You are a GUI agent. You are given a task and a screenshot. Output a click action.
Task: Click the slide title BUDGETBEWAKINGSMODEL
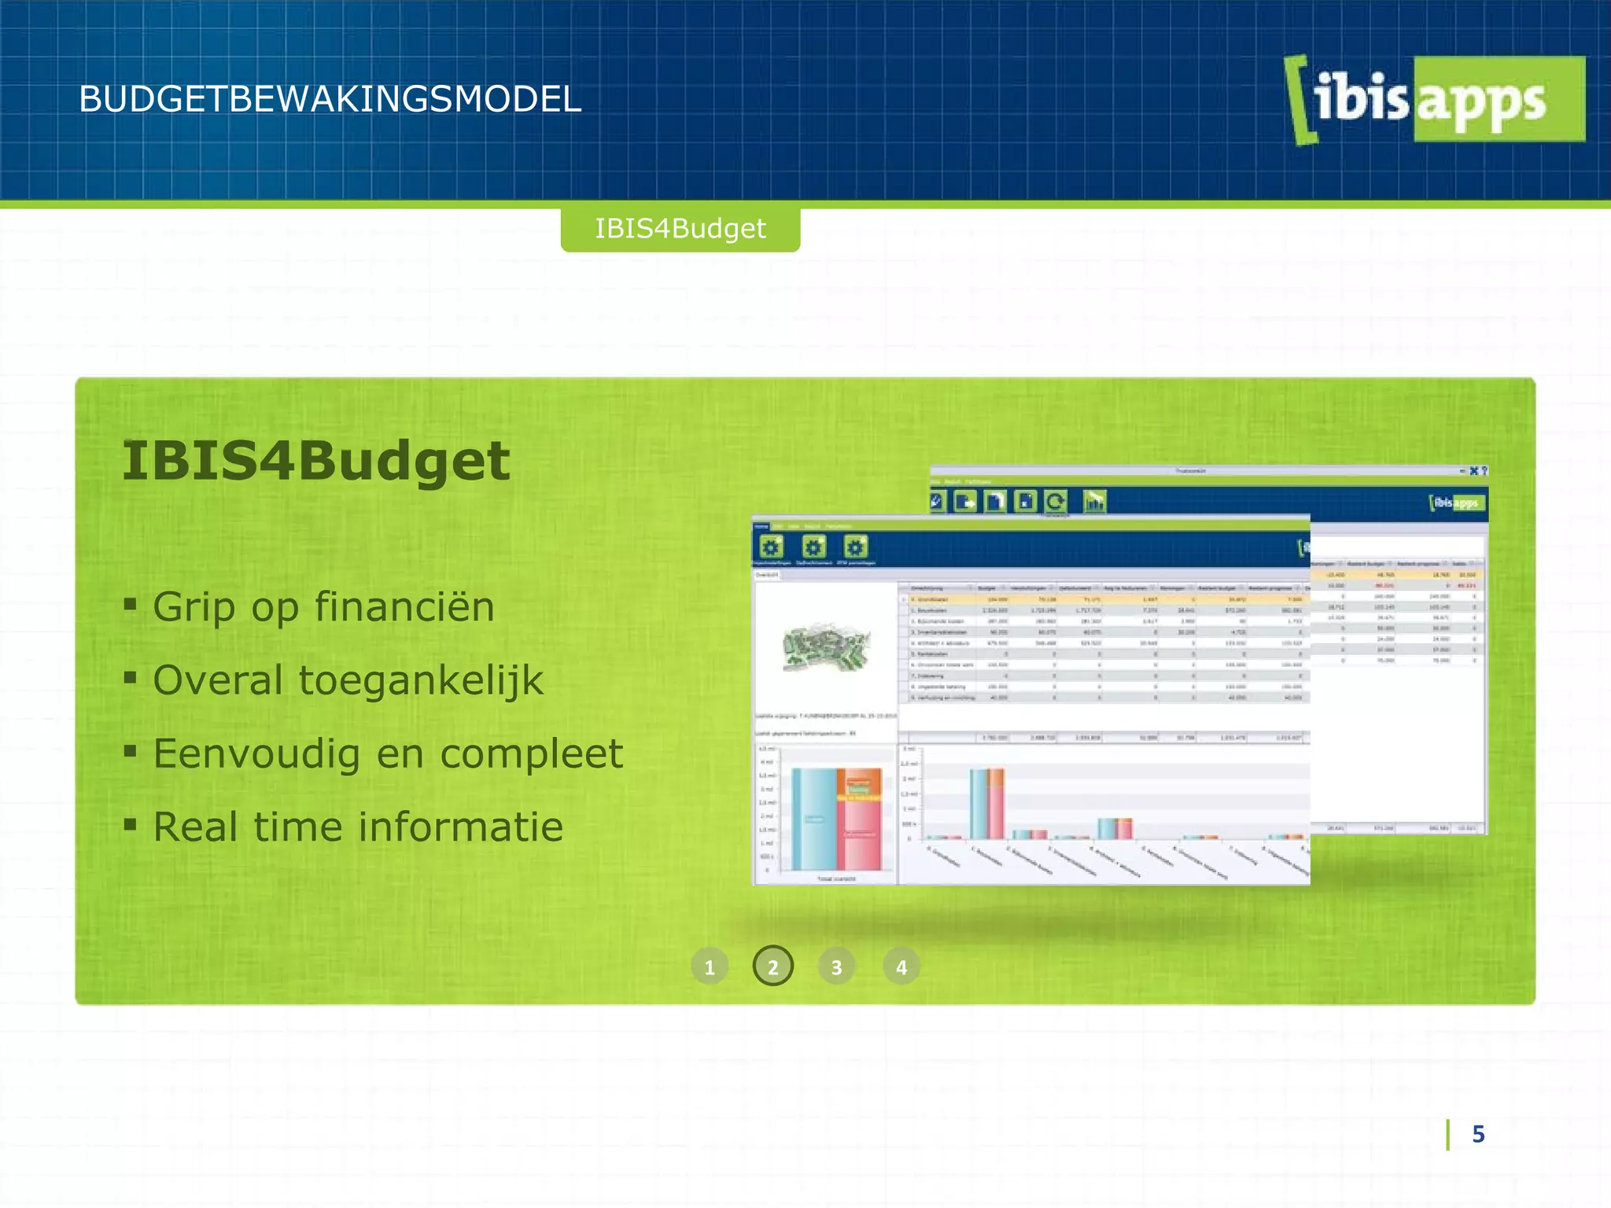(330, 100)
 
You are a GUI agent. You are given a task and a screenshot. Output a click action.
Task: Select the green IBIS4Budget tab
(680, 229)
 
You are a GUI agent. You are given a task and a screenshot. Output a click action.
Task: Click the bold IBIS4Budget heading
(316, 461)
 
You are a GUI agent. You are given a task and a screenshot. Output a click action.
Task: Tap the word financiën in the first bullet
(404, 607)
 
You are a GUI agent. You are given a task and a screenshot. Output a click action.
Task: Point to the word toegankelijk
(421, 681)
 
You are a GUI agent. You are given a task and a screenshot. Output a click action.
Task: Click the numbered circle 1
(710, 967)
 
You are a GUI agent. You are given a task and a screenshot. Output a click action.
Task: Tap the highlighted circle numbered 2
(773, 967)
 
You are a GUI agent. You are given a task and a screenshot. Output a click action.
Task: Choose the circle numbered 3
(837, 967)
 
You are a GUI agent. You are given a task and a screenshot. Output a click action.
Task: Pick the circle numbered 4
(901, 967)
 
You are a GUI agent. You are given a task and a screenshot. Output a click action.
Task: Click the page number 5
(1478, 1134)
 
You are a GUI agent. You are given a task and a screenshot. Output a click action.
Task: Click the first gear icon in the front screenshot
(771, 547)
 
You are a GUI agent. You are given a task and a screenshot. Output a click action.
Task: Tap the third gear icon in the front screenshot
(855, 547)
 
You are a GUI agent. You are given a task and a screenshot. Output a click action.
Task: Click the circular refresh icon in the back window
(1056, 501)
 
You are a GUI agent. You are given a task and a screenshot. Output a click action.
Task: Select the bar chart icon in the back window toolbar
(1094, 501)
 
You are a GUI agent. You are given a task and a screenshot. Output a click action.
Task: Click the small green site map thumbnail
(826, 647)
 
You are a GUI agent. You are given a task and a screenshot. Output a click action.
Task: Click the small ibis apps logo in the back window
(1457, 503)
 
